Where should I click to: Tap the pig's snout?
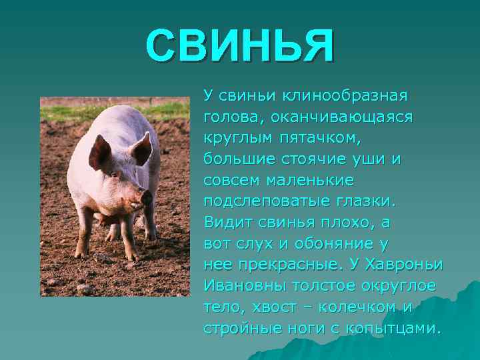click(x=146, y=197)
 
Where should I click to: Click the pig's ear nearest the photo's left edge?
click(x=99, y=151)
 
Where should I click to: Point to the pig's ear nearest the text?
click(x=142, y=148)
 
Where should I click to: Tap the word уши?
click(x=372, y=159)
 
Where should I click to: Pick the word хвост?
click(x=270, y=307)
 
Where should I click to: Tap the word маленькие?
click(x=310, y=180)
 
